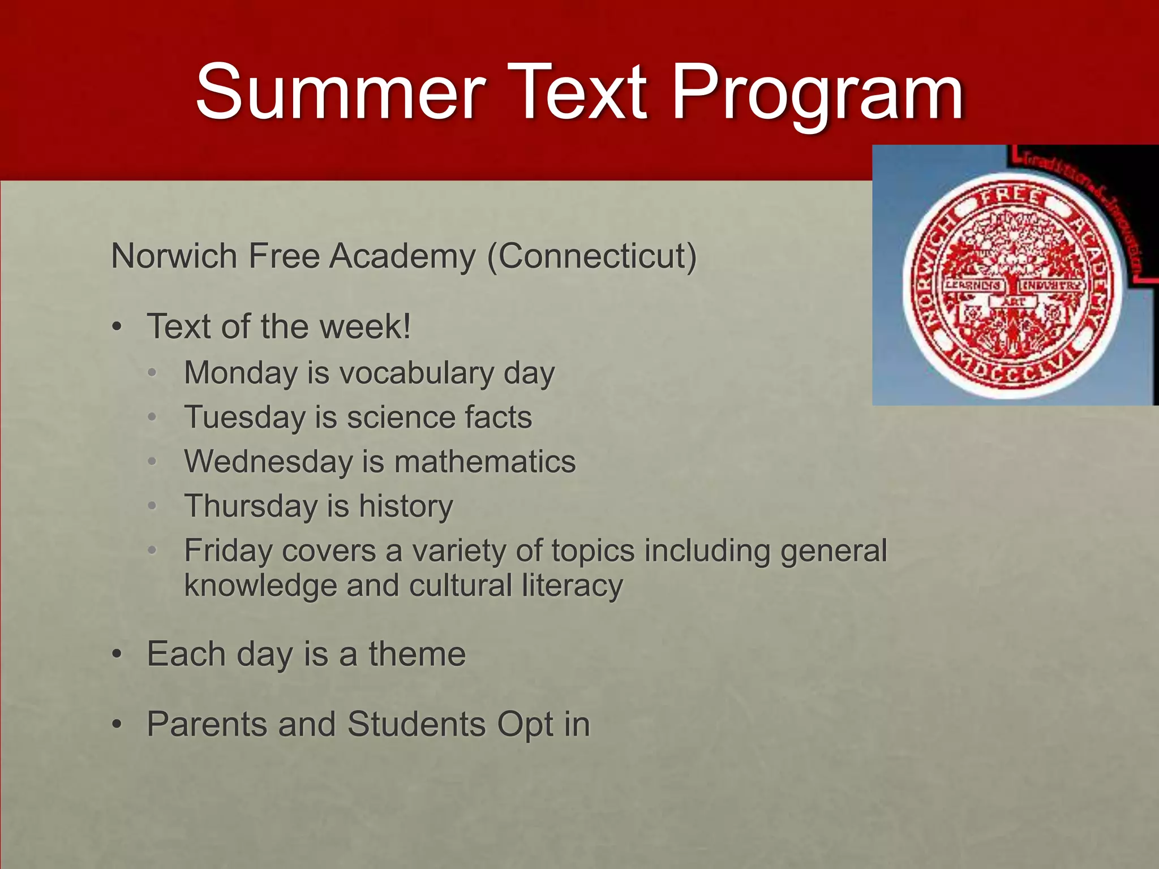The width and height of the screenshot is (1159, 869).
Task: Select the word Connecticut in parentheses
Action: coord(592,256)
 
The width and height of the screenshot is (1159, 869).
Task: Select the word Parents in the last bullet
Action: coord(207,724)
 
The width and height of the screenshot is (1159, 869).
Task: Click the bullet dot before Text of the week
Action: coord(117,327)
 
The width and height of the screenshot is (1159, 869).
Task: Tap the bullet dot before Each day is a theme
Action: coord(117,655)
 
